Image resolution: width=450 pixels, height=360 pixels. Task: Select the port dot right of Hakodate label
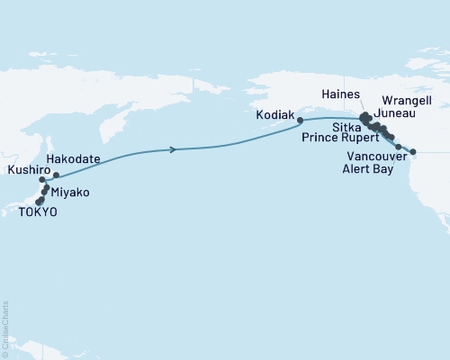click(x=56, y=175)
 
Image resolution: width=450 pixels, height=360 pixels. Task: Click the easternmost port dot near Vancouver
click(x=413, y=164)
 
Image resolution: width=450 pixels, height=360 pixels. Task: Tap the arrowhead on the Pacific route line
click(x=173, y=149)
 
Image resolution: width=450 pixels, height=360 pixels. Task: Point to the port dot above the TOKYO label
click(x=39, y=201)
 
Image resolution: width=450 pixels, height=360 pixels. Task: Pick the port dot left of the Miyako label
click(x=46, y=189)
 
